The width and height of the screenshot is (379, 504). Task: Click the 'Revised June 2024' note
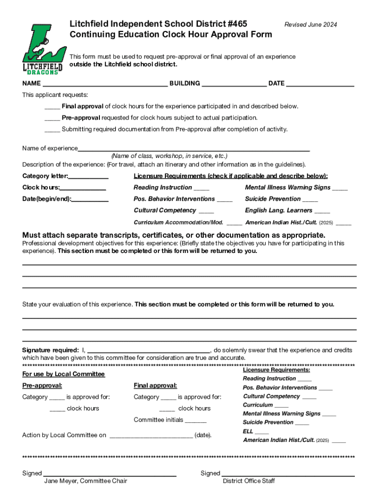[x=311, y=25]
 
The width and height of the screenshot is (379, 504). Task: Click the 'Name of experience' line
[x=194, y=149]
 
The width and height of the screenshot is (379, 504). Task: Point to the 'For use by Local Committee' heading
[x=63, y=374]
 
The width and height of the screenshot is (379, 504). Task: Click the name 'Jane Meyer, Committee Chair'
[x=86, y=481]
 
